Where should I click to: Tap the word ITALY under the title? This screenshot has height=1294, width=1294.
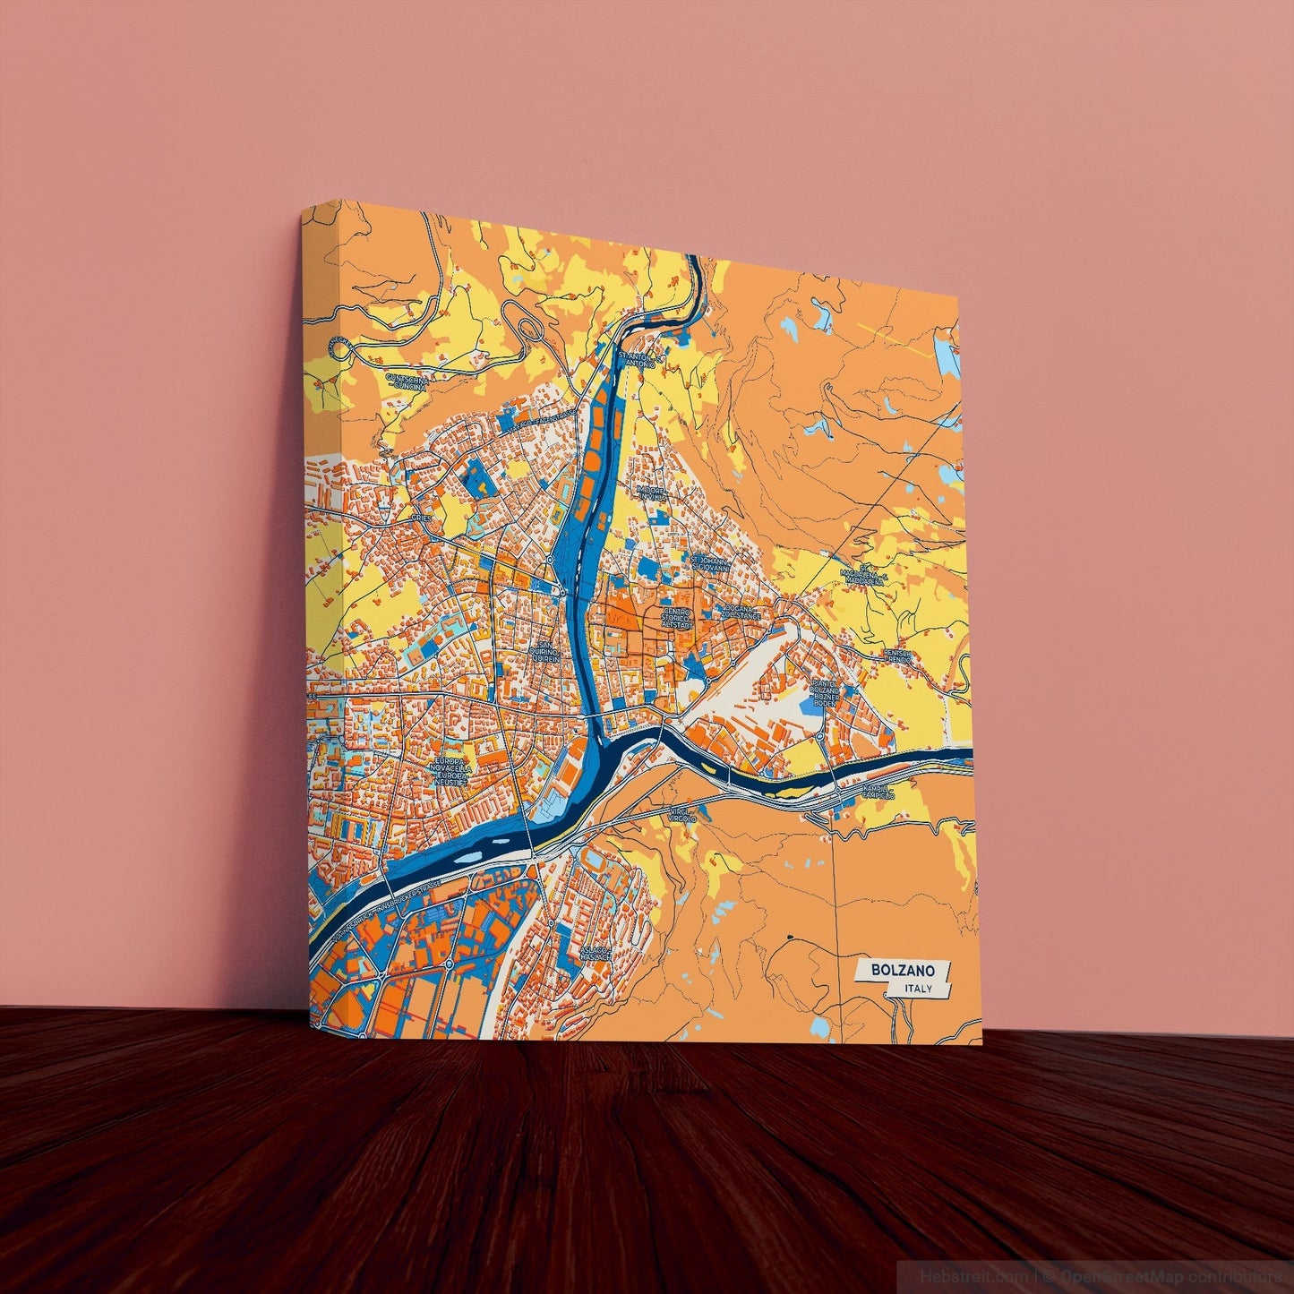[x=918, y=989]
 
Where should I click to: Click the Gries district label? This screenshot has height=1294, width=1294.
[x=420, y=518]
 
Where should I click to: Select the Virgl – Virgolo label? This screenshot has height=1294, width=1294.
[x=682, y=815]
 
